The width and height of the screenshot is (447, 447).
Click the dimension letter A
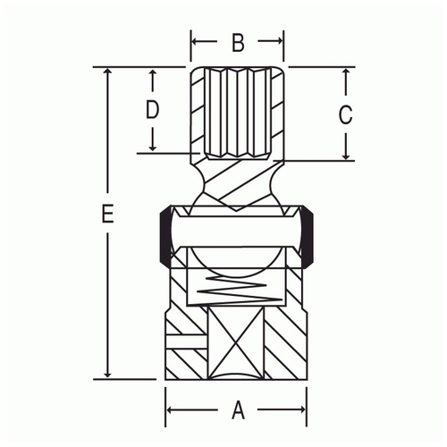click(x=238, y=410)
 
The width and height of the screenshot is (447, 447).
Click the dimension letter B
click(x=238, y=43)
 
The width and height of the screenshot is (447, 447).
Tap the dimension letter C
click(x=346, y=114)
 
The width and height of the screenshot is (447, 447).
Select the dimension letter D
click(x=152, y=109)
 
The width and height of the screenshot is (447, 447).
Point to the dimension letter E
click(x=107, y=214)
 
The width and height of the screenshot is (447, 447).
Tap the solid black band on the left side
click(x=165, y=235)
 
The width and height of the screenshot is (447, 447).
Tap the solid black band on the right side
click(x=307, y=235)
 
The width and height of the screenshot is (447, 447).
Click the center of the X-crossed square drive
click(x=236, y=343)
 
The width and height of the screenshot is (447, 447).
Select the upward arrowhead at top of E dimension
click(x=108, y=71)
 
